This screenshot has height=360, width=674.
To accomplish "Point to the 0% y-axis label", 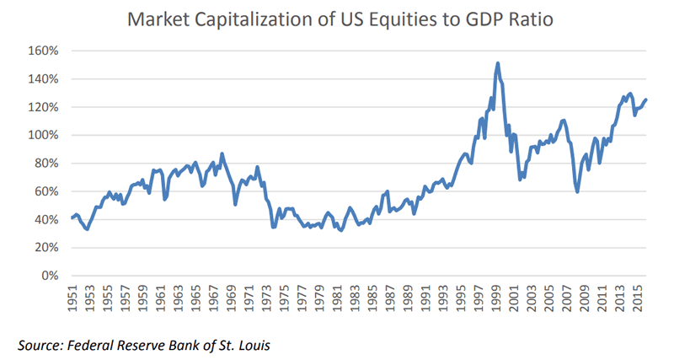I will pyautogui.click(x=50, y=276).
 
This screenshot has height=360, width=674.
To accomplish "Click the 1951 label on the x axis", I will pyautogui.click(x=72, y=297).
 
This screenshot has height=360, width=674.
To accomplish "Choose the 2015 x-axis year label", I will pyautogui.click(x=639, y=297).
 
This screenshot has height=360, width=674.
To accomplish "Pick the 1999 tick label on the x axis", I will pyautogui.click(x=498, y=297).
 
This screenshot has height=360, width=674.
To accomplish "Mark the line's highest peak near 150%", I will pyautogui.click(x=498, y=63).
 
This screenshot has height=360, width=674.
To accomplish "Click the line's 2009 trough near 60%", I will pyautogui.click(x=577, y=191).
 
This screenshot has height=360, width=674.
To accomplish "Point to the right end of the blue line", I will pyautogui.click(x=646, y=99).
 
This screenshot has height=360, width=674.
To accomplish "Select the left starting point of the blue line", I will pyautogui.click(x=72, y=218).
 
